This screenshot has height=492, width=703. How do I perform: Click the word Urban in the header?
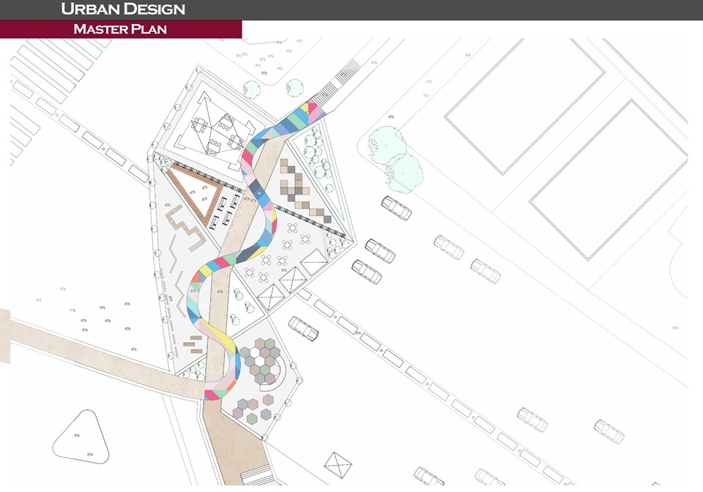[x=86, y=10]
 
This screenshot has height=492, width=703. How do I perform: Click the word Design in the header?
[x=149, y=10]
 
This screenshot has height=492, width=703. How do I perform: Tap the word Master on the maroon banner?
[x=98, y=29]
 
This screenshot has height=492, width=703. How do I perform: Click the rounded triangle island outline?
[x=81, y=436]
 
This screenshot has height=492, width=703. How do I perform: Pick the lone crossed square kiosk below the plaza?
[x=338, y=466]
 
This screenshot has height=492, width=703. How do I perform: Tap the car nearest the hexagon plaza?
[x=303, y=328]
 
